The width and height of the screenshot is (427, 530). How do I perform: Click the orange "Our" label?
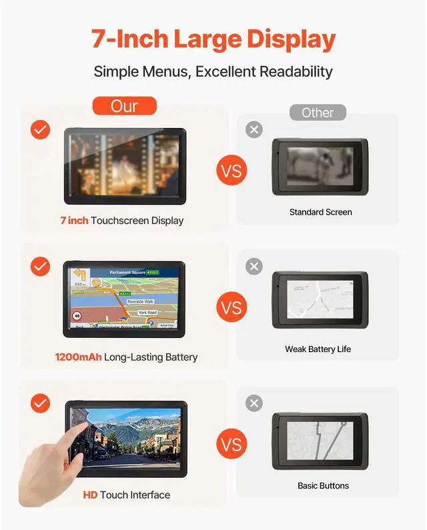tap(124, 106)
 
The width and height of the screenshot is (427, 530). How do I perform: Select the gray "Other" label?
tap(318, 113)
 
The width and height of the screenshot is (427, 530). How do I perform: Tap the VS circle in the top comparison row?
tap(232, 171)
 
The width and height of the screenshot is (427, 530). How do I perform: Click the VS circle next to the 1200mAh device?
tap(232, 309)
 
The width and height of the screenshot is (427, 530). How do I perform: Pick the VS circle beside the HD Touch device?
tap(232, 445)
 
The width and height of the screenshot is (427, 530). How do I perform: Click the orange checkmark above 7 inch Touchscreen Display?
tap(41, 129)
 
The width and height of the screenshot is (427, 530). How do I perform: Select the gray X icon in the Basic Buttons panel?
tap(254, 403)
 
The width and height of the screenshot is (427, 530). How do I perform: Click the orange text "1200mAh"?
tap(78, 357)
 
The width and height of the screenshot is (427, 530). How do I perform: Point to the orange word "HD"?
tap(90, 495)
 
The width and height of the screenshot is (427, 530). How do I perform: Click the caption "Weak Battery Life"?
tap(318, 349)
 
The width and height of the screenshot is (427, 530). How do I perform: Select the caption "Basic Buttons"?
tap(323, 486)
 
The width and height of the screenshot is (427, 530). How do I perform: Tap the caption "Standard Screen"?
tap(320, 212)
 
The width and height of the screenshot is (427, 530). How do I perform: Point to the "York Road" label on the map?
tap(147, 312)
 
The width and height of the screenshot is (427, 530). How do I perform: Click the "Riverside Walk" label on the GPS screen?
tap(139, 301)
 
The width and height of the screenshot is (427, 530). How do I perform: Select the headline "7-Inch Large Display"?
tap(213, 40)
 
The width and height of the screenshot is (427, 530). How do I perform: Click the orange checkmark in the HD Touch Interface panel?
tap(41, 403)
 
